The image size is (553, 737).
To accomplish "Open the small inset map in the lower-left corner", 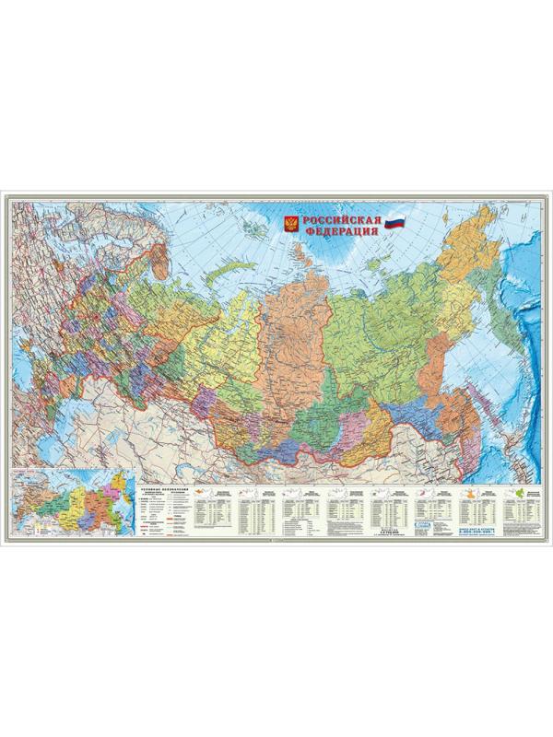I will [x=70, y=504].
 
